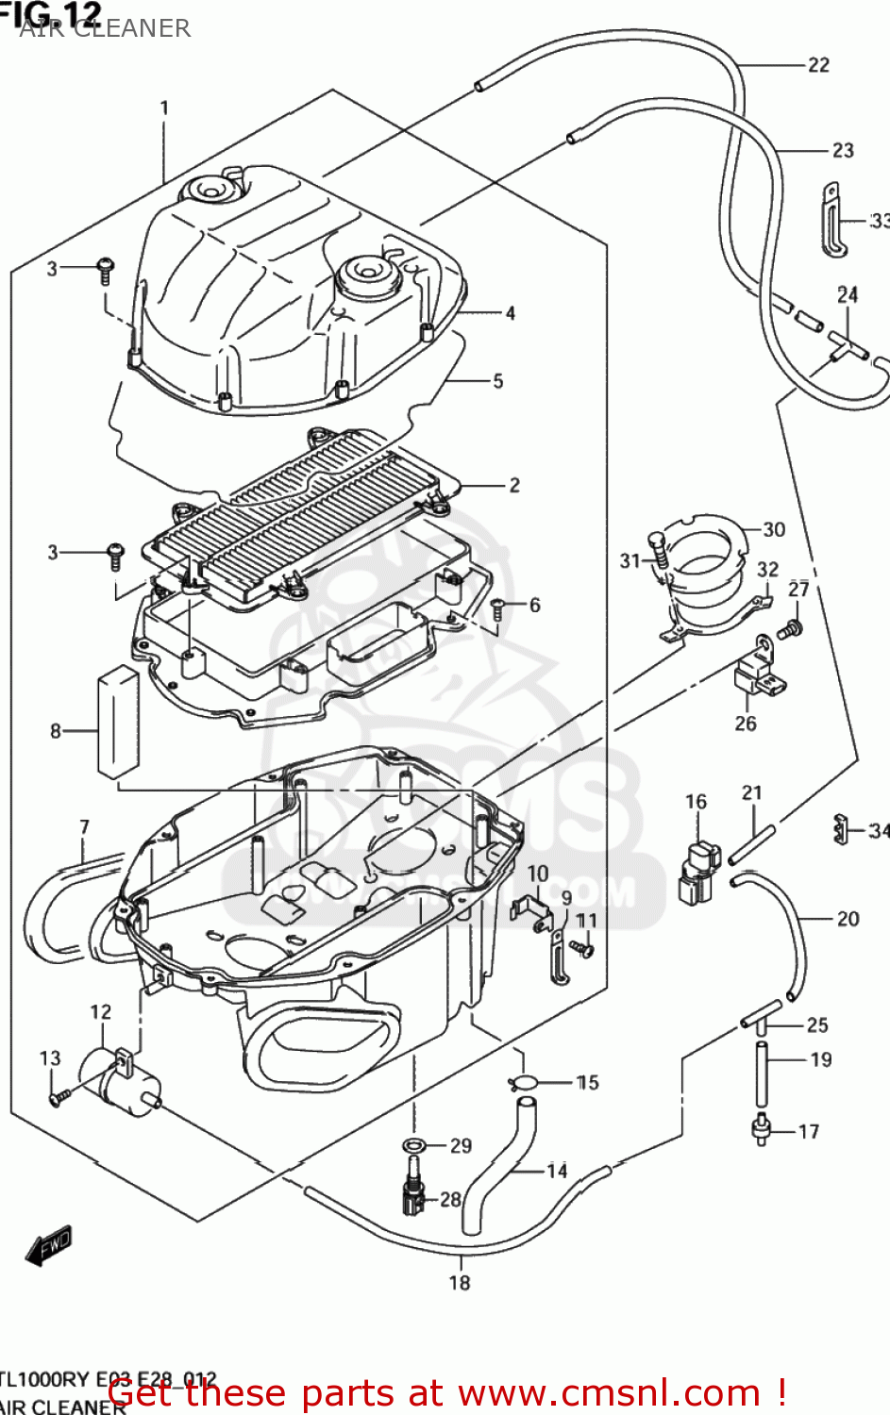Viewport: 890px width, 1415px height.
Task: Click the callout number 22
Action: (817, 65)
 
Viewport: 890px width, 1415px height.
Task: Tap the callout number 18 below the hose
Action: (459, 1282)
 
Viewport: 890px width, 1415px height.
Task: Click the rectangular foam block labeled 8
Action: (118, 722)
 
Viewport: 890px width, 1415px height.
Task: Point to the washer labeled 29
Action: (413, 1145)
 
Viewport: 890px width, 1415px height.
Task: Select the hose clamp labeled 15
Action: (524, 1082)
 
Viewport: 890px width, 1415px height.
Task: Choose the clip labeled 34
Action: (838, 828)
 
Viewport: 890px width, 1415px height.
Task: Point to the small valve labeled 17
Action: (761, 1128)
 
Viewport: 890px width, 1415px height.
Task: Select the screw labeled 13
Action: (59, 1096)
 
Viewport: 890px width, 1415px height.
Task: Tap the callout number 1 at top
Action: (164, 108)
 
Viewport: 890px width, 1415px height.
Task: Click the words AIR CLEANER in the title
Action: (105, 28)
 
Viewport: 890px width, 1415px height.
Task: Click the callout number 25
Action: (816, 1024)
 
